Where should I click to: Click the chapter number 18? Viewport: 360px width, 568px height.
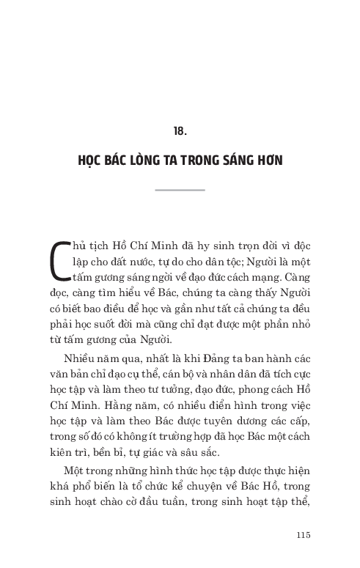pyautogui.click(x=180, y=131)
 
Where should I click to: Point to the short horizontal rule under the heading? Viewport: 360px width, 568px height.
pyautogui.click(x=180, y=190)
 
